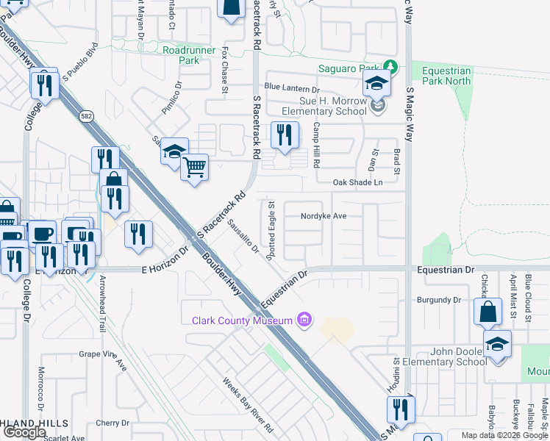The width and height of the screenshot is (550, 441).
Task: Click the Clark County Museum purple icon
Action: click(302, 320)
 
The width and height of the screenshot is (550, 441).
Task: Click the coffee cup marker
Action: click(41, 234)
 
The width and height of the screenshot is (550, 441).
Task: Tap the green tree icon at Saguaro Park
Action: click(391, 68)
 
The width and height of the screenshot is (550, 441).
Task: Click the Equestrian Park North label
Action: click(456, 76)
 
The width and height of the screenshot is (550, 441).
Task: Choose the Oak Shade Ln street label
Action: click(358, 182)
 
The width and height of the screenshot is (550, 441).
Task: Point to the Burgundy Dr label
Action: click(438, 300)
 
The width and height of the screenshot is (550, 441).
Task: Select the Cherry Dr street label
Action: click(112, 423)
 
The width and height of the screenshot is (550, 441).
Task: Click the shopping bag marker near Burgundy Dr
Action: click(488, 312)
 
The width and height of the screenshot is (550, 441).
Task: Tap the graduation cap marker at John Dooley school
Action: click(497, 344)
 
